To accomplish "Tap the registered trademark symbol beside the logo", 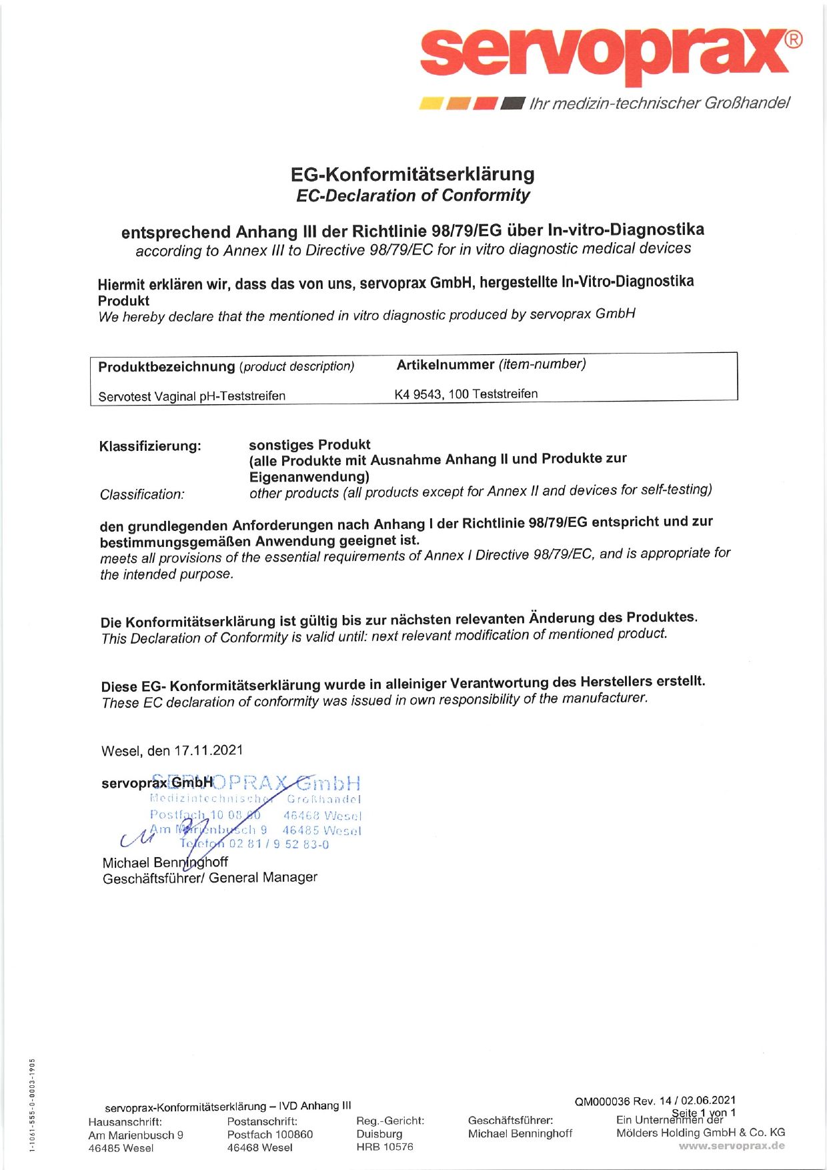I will [x=792, y=40].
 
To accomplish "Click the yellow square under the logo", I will [x=430, y=103].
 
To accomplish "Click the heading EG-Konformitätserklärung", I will [x=412, y=175].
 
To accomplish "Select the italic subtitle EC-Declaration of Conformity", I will [x=412, y=195].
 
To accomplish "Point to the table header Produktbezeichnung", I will [x=167, y=367].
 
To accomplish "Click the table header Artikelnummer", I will [x=446, y=365].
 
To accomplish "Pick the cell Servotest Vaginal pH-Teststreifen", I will [x=191, y=396].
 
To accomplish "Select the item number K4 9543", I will [x=418, y=394].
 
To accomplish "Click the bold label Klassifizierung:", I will [x=150, y=446].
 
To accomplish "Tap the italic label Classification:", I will [x=142, y=494].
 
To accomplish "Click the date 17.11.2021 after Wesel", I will [x=209, y=750].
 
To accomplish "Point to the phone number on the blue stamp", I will [x=279, y=844].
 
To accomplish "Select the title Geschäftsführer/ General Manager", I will [x=209, y=878].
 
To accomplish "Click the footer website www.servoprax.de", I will [x=731, y=1146].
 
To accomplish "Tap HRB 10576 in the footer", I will [x=384, y=1147].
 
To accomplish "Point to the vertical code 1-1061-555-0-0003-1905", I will [x=31, y=1104].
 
